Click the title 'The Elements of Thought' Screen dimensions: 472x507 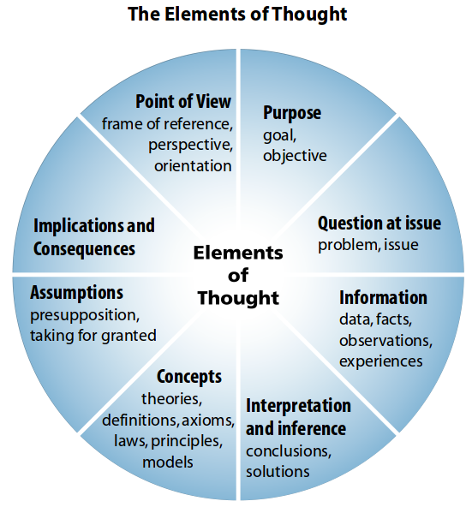(237, 14)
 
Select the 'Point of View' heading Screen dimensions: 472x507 (183, 102)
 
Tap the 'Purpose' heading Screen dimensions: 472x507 (292, 113)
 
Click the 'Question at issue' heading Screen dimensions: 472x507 (379, 224)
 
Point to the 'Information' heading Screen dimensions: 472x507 (383, 297)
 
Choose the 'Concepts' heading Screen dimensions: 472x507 (189, 377)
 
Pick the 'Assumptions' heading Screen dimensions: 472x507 (77, 293)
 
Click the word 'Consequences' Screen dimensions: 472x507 (84, 249)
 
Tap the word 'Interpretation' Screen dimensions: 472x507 (298, 406)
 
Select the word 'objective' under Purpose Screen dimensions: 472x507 (295, 156)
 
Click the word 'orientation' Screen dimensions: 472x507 (193, 166)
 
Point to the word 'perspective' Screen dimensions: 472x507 (190, 146)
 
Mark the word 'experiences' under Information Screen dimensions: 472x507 (381, 361)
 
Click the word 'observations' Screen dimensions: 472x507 (385, 341)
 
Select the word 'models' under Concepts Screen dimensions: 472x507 (168, 462)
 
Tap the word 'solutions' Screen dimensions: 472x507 (278, 471)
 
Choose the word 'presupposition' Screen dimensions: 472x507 (85, 315)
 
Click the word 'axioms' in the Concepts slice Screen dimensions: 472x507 (208, 421)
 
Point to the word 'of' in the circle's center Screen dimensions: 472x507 (238, 276)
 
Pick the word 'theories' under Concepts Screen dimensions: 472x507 (172, 399)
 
